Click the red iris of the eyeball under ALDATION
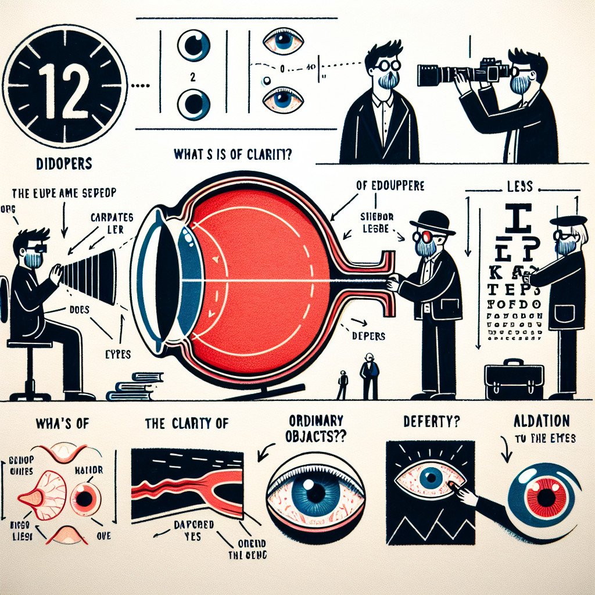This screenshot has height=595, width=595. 546,497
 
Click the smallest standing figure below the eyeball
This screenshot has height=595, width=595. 343,385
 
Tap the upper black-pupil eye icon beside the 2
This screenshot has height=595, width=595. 193,46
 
